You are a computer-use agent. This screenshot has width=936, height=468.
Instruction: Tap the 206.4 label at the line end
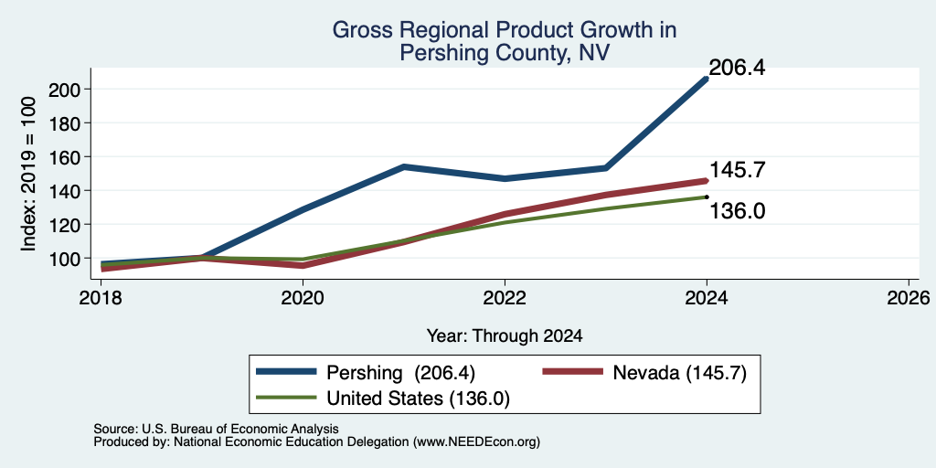click(737, 68)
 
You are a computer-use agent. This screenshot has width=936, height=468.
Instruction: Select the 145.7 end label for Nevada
click(737, 170)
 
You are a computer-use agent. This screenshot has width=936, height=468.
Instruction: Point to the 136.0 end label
click(737, 211)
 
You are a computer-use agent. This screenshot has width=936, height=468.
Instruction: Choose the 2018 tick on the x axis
click(101, 297)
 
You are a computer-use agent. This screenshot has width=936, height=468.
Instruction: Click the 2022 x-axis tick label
click(505, 297)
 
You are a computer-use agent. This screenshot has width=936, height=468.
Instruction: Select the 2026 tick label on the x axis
click(909, 297)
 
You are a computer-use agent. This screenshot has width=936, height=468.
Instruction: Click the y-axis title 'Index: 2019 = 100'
click(28, 175)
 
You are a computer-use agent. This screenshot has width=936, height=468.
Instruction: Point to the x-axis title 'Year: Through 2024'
click(505, 336)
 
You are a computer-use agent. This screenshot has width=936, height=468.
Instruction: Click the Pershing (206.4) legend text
click(400, 373)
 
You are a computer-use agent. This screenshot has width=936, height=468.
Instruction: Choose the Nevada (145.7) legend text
click(679, 373)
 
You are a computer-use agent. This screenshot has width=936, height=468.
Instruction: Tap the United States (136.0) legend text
click(418, 399)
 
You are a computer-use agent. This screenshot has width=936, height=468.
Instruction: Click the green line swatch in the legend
click(285, 398)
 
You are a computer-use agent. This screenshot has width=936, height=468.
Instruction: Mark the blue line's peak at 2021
click(404, 166)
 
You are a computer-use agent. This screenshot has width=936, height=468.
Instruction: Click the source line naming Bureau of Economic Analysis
click(216, 429)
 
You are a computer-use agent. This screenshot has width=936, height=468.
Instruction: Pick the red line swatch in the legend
click(572, 372)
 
